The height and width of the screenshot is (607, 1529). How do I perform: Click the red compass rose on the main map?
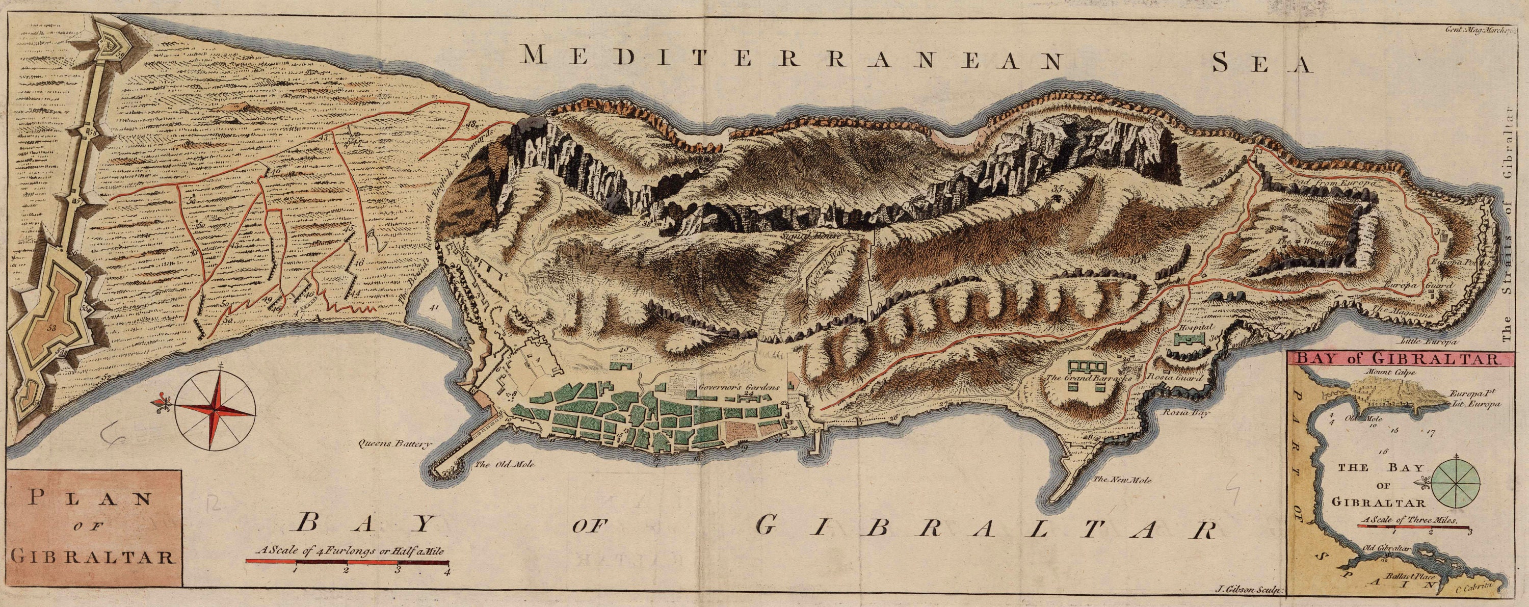[x=216, y=409]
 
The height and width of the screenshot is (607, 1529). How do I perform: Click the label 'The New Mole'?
[x=1131, y=480]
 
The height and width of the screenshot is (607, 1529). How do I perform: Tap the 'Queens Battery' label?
[x=392, y=443]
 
